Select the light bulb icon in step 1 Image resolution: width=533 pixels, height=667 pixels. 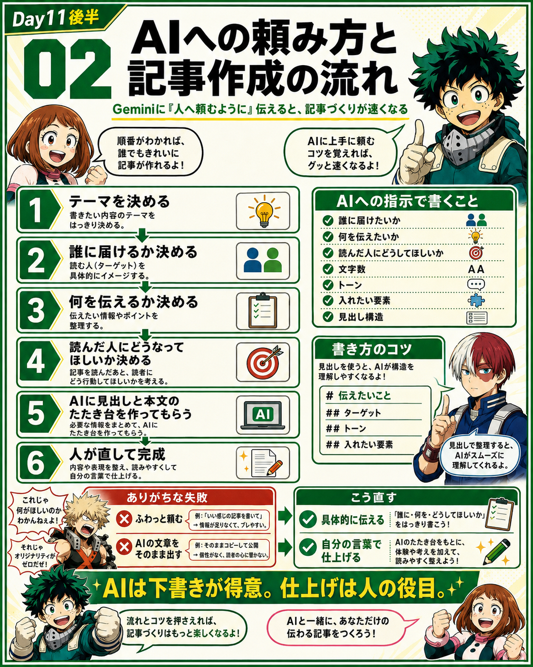click(x=264, y=211)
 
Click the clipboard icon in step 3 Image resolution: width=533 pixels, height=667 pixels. click(x=263, y=310)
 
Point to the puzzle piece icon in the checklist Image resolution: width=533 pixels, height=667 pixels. click(x=476, y=300)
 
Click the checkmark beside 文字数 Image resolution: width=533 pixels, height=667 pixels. click(x=328, y=269)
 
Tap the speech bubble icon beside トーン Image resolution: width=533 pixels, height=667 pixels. click(x=476, y=284)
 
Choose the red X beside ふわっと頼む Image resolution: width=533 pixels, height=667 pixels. click(x=124, y=519)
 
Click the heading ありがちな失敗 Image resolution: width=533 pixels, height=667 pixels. click(x=167, y=498)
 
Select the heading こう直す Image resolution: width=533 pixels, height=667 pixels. click(x=373, y=498)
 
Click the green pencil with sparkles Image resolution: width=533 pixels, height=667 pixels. click(x=495, y=552)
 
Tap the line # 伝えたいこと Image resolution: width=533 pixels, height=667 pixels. click(x=359, y=395)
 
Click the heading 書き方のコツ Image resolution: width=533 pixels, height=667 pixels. click(x=372, y=349)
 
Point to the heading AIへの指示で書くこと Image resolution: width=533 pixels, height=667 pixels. click(x=407, y=201)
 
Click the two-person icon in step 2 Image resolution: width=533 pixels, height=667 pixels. click(x=263, y=260)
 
